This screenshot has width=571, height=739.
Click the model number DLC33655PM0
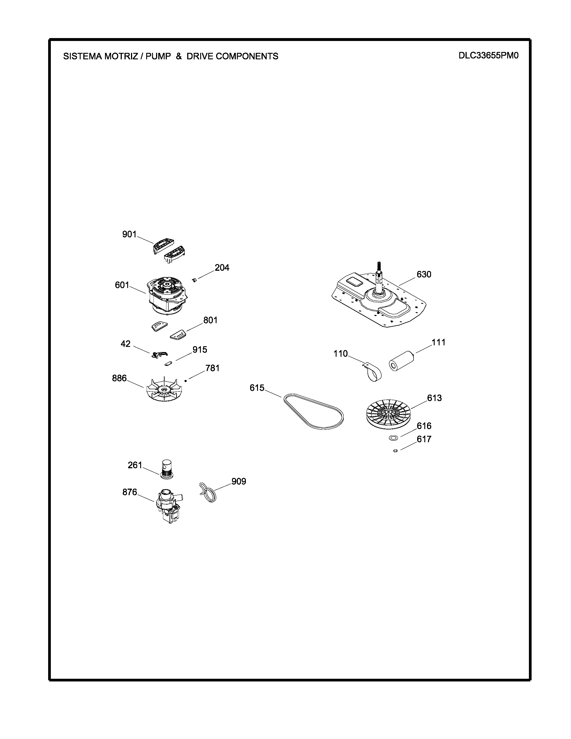(488, 56)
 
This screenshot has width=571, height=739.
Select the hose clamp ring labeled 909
(208, 492)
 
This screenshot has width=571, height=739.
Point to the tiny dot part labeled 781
(185, 381)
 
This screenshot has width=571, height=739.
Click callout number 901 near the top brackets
(129, 234)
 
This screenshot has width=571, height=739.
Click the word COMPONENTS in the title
(247, 56)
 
